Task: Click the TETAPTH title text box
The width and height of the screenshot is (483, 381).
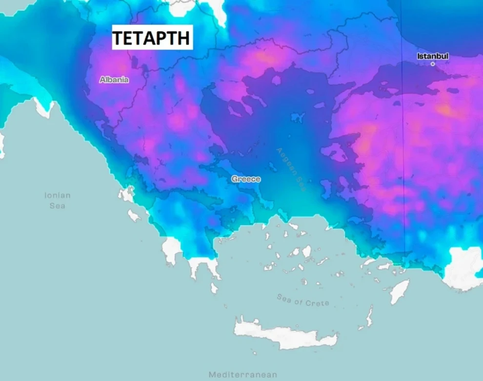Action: [x=152, y=38]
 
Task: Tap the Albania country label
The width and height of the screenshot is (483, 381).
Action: [x=114, y=80]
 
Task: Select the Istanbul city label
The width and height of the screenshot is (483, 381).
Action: [x=432, y=56]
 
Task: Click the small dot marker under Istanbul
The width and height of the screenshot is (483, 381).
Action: [x=432, y=64]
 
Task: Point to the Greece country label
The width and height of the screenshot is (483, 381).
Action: [x=246, y=179]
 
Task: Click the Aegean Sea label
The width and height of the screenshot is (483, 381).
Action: [x=290, y=169]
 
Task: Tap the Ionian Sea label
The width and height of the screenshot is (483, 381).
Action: [x=58, y=200]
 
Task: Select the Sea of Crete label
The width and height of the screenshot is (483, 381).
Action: [x=302, y=299]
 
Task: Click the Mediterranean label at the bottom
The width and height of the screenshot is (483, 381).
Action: [x=242, y=375]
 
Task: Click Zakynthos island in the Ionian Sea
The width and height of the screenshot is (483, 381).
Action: [x=134, y=215]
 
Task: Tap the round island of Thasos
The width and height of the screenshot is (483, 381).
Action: [x=276, y=80]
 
